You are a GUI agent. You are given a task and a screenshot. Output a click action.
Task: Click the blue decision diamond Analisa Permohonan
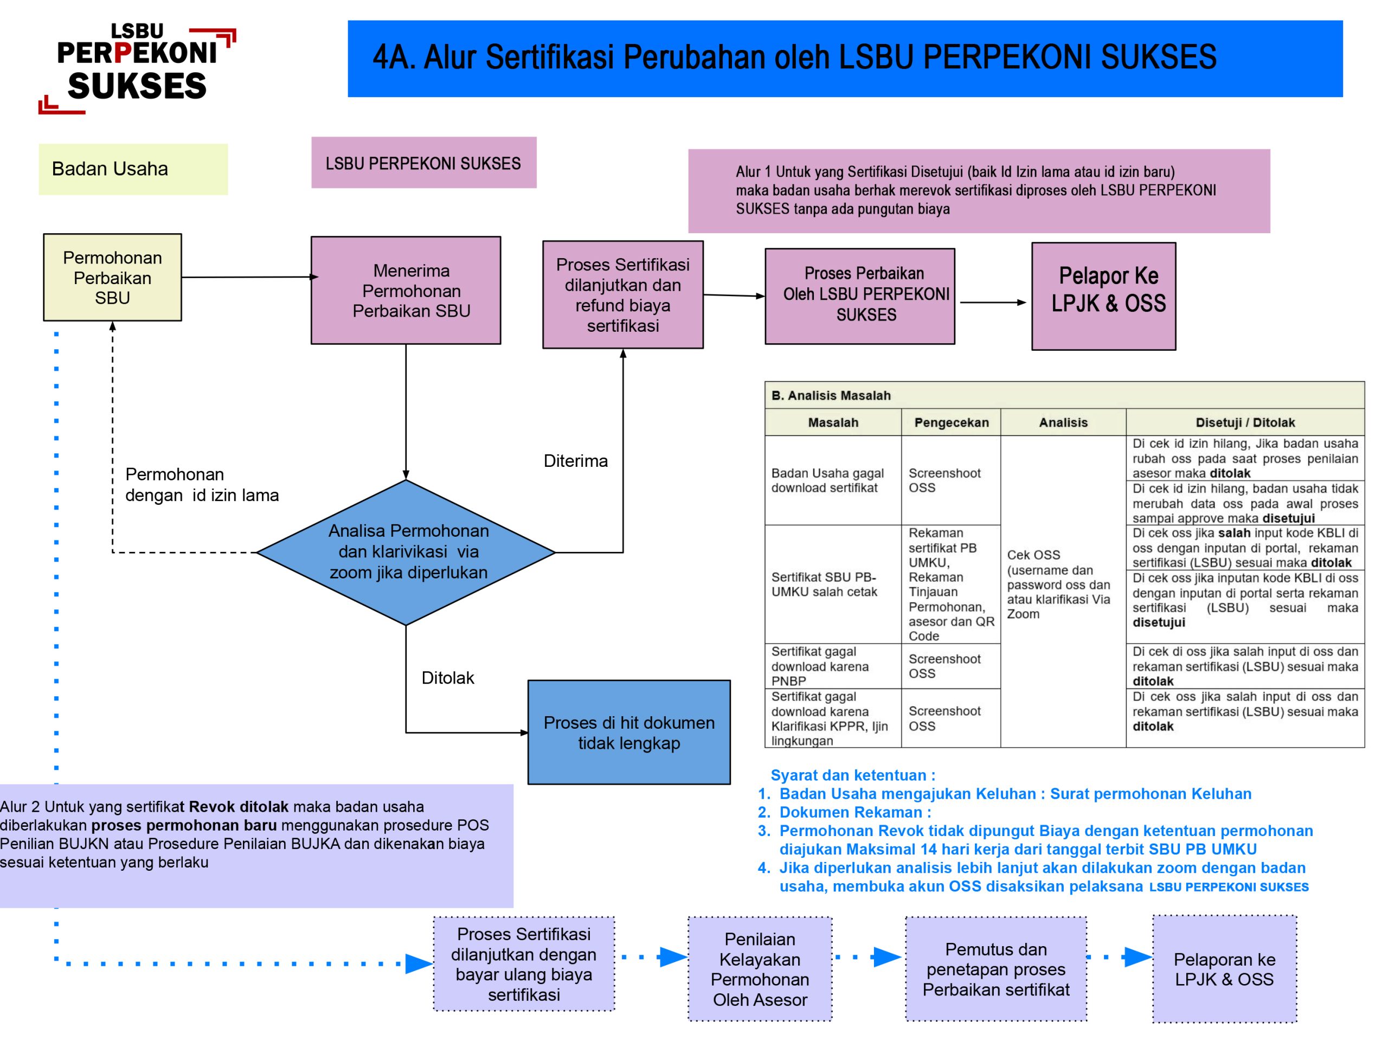pos(406,552)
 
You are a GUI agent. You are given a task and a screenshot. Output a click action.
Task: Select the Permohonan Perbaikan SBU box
pos(112,278)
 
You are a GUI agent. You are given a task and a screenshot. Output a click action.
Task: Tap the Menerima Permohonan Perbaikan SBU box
pos(406,290)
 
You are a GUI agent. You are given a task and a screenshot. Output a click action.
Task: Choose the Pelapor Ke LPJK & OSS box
pos(1103,296)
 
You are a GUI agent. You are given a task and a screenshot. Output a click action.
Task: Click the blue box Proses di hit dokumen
pos(629,732)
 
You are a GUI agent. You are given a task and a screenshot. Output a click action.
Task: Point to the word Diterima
pos(575,461)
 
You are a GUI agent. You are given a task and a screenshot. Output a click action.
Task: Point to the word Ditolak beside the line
pos(447,678)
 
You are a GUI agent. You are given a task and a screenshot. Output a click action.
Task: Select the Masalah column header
pos(833,422)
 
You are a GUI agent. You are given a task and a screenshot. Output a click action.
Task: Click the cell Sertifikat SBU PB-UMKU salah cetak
pos(824,584)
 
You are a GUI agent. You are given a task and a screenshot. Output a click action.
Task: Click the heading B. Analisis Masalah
pos(831,395)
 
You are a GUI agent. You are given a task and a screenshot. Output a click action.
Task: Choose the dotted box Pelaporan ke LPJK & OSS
pos(1224,969)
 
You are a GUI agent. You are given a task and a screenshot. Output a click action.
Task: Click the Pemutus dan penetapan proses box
pos(995,969)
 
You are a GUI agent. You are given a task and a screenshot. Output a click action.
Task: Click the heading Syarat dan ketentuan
pos(852,775)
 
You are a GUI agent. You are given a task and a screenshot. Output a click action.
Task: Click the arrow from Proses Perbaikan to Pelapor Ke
pos(993,303)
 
